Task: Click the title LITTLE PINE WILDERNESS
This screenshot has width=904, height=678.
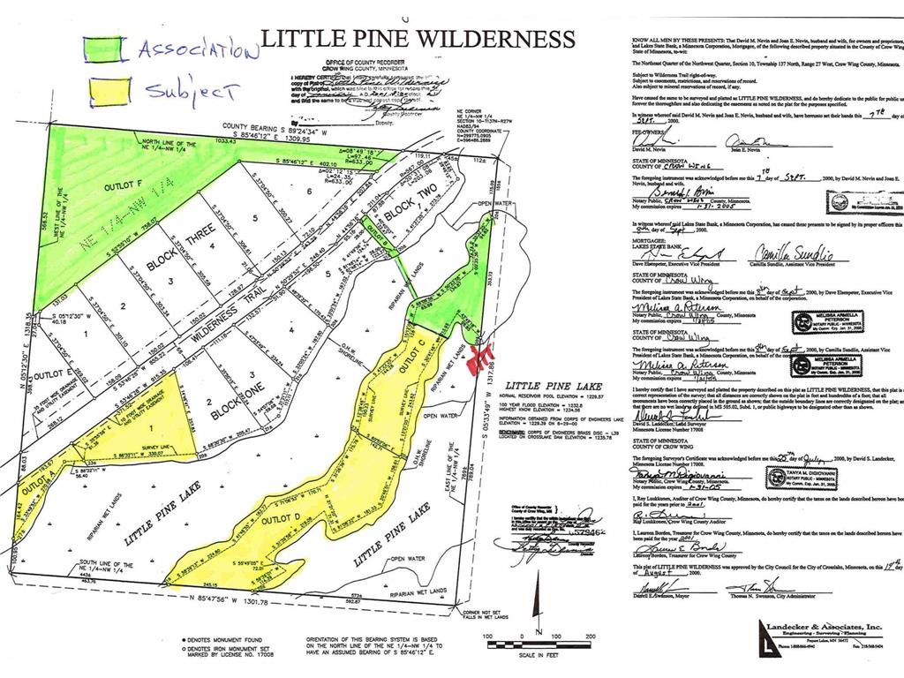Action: point(417,40)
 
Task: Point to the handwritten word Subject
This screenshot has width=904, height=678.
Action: point(192,90)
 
